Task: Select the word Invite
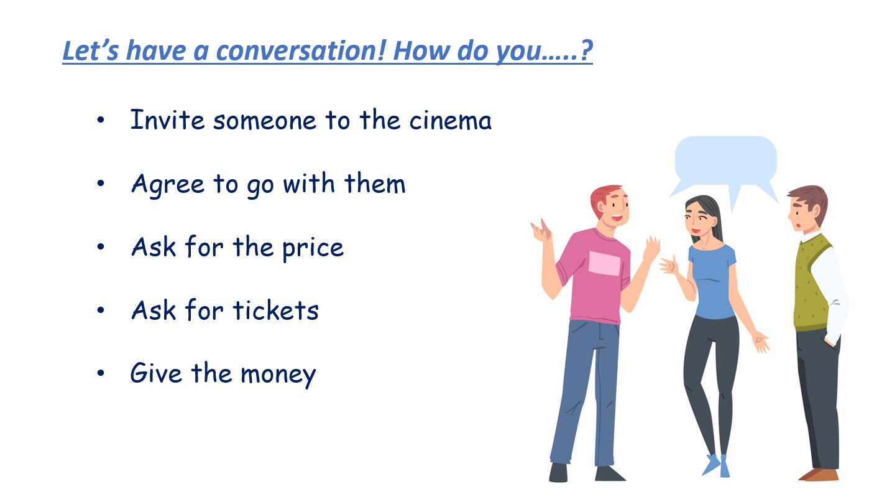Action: (x=167, y=119)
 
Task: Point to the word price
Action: (x=313, y=248)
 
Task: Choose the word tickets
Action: (x=275, y=310)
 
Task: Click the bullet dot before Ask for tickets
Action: (x=101, y=310)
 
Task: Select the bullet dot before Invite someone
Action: (x=101, y=120)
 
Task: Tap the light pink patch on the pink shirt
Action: (x=604, y=263)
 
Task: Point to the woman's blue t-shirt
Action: (x=712, y=280)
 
